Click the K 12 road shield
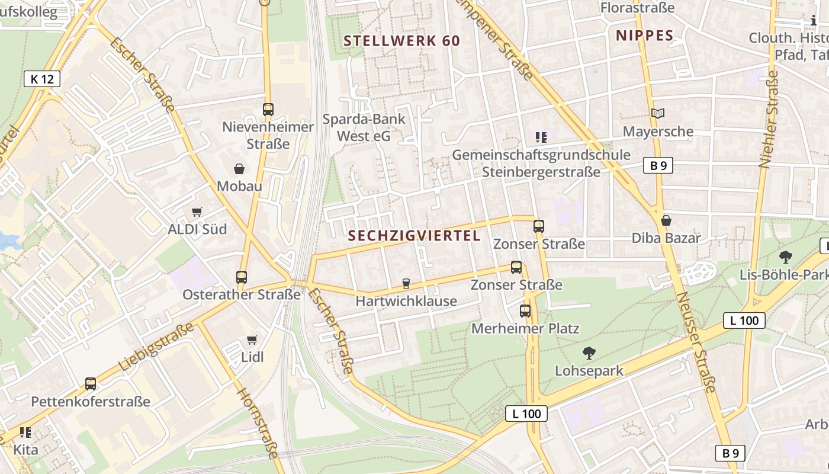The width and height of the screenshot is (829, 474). click(x=42, y=79)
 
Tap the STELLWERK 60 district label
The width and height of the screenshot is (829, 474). click(x=401, y=41)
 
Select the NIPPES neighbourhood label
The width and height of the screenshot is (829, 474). click(x=645, y=36)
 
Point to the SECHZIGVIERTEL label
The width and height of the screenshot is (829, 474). click(x=415, y=236)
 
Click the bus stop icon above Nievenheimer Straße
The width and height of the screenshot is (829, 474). click(x=268, y=110)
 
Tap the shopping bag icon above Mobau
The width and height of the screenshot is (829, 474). click(x=239, y=169)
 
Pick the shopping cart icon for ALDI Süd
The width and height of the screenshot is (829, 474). click(x=197, y=212)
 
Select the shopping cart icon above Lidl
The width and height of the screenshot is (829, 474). click(x=252, y=340)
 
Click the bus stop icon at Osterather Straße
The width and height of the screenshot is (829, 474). click(x=242, y=277)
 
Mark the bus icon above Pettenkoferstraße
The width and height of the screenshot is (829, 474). click(x=91, y=384)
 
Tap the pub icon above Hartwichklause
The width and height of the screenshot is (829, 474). click(x=406, y=284)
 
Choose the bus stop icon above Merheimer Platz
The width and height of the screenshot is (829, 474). click(x=525, y=311)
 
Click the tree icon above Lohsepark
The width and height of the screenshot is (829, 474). click(x=589, y=354)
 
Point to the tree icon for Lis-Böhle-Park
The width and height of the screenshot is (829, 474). click(x=786, y=257)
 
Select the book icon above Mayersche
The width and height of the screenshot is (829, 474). click(x=658, y=113)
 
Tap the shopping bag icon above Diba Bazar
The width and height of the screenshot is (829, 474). click(x=666, y=221)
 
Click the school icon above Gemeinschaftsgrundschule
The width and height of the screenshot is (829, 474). click(x=541, y=137)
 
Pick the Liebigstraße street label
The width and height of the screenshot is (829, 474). click(x=156, y=347)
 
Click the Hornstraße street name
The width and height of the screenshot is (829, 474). click(x=258, y=422)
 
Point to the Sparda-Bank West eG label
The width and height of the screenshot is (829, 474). click(x=364, y=127)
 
